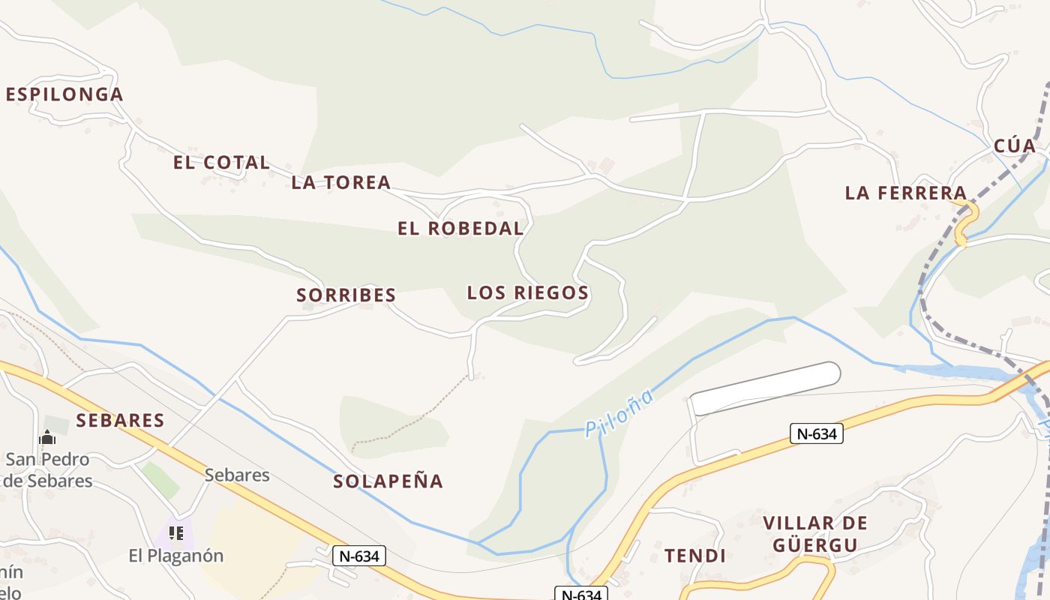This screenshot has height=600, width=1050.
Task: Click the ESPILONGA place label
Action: (64, 94)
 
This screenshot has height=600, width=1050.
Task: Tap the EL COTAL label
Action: (221, 162)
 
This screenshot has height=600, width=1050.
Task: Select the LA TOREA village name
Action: (341, 181)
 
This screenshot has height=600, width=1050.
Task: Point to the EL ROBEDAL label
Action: (460, 229)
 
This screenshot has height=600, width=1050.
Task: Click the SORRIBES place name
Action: (346, 295)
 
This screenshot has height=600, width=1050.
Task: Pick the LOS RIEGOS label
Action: (528, 292)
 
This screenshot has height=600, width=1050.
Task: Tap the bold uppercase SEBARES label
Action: (120, 420)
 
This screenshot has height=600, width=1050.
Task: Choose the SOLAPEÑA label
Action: (388, 481)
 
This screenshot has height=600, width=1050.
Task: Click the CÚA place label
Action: (1015, 145)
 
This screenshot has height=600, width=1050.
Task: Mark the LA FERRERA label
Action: (906, 193)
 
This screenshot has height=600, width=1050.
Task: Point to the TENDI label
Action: (695, 556)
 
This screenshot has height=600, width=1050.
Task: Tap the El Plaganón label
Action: (176, 556)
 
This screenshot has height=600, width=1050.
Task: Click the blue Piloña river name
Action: (619, 413)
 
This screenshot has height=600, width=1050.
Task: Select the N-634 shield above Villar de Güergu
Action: (817, 433)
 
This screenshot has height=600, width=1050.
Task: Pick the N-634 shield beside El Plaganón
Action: (360, 556)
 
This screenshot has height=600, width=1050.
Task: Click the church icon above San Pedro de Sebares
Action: (47, 437)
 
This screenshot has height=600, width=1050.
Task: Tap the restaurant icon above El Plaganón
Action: (176, 533)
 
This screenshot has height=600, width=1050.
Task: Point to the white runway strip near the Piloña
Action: (765, 388)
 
